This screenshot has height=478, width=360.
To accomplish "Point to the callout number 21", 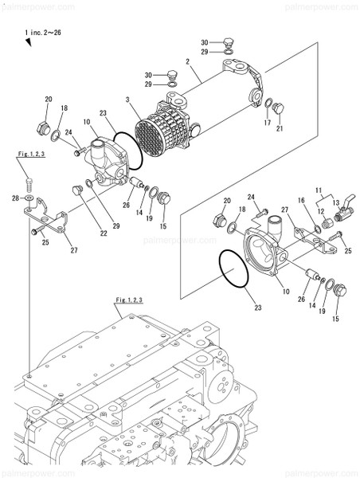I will pyautogui.click(x=280, y=129).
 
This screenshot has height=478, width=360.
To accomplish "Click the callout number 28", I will pyautogui.click(x=15, y=197).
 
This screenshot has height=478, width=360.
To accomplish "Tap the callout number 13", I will pyautogui.click(x=335, y=203).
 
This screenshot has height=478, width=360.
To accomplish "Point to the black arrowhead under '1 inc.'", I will pyautogui.click(x=28, y=45).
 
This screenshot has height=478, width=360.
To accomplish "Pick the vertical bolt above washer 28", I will pyautogui.click(x=29, y=181).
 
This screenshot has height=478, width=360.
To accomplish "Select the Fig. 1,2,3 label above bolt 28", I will pyautogui.click(x=32, y=151).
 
